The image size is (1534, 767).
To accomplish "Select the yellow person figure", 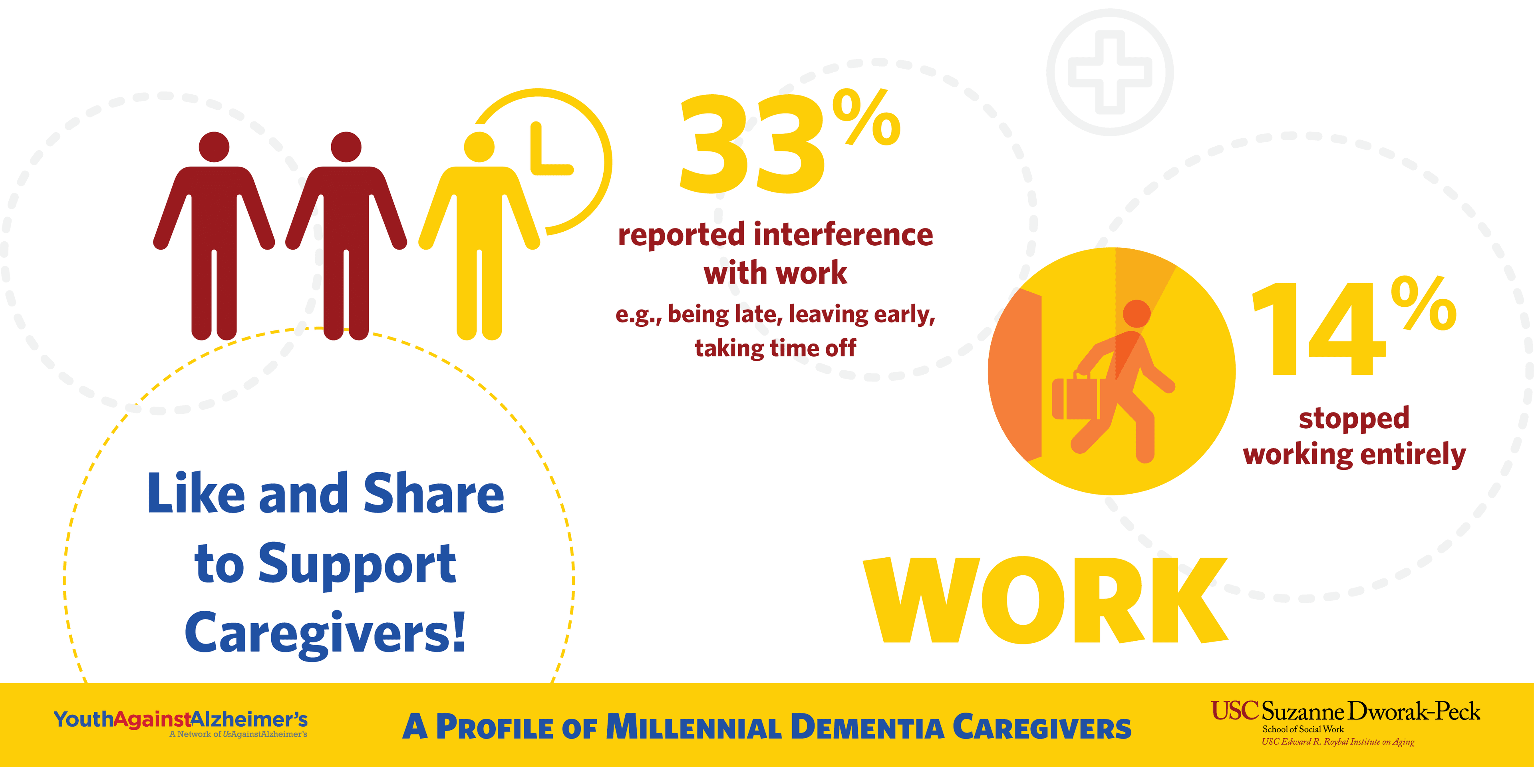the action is click(479, 236).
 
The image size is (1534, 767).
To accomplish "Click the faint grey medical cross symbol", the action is click(1110, 72).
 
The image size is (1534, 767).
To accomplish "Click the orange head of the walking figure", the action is click(1137, 313).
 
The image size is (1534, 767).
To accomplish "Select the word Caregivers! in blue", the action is click(325, 634).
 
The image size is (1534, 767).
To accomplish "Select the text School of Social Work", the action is click(1303, 729).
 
